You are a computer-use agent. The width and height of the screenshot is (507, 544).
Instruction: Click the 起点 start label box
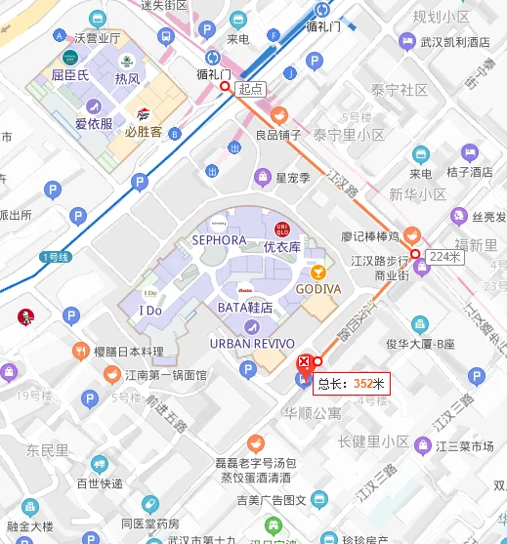[251, 89]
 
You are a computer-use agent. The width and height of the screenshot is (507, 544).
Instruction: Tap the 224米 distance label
[444, 256]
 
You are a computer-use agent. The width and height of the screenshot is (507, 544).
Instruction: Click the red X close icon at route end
[304, 362]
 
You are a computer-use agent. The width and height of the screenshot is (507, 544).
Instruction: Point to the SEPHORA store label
[219, 239]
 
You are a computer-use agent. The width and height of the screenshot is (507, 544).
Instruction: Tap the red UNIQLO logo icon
[282, 230]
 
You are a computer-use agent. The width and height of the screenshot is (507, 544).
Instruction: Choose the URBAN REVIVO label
[250, 343]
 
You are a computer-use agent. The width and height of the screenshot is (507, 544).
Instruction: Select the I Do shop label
[150, 310]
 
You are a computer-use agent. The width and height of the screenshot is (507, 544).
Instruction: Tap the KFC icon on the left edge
[24, 315]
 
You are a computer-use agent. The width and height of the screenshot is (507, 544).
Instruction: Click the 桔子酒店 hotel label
[469, 172]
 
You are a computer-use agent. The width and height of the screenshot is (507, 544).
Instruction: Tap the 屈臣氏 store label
[70, 75]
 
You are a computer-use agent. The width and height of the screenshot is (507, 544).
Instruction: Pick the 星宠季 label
[292, 178]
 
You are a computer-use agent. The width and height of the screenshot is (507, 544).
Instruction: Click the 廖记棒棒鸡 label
[369, 236]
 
